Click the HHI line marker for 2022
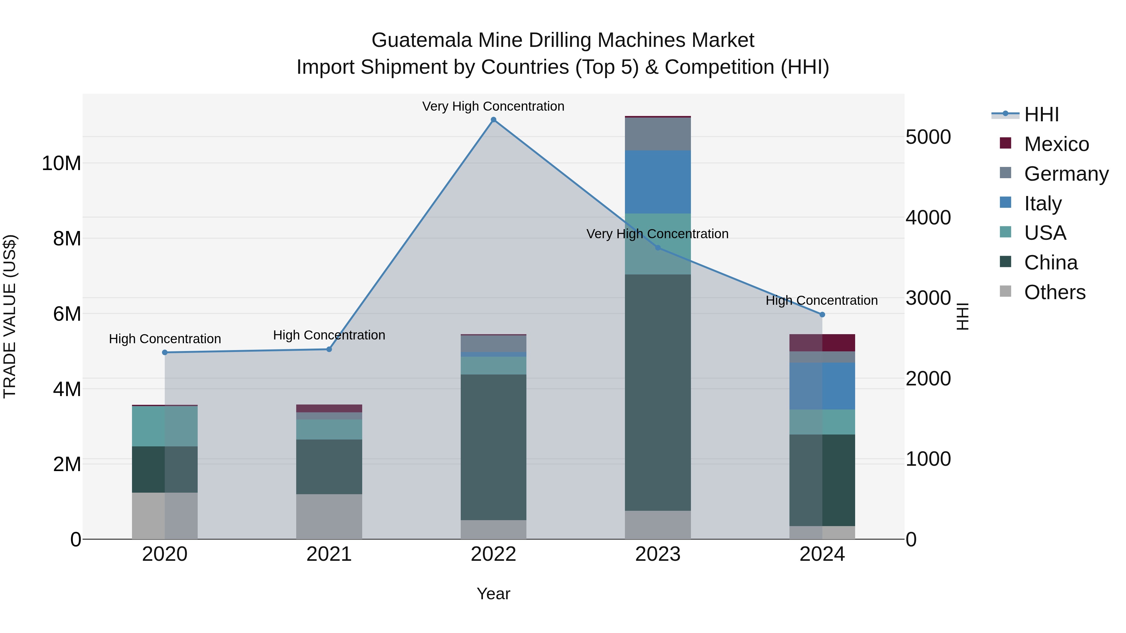(494, 120)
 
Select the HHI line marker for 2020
(165, 353)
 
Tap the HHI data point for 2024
(822, 314)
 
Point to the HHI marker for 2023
(658, 248)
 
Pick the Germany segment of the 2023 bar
(658, 134)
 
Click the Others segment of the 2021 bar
(329, 516)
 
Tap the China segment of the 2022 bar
(494, 447)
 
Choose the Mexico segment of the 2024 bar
(822, 343)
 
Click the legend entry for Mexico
(1056, 144)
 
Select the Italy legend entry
(1042, 203)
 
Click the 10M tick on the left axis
(61, 163)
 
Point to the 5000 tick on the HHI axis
(928, 137)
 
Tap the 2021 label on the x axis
(329, 554)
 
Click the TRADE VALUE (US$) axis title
(10, 316)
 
